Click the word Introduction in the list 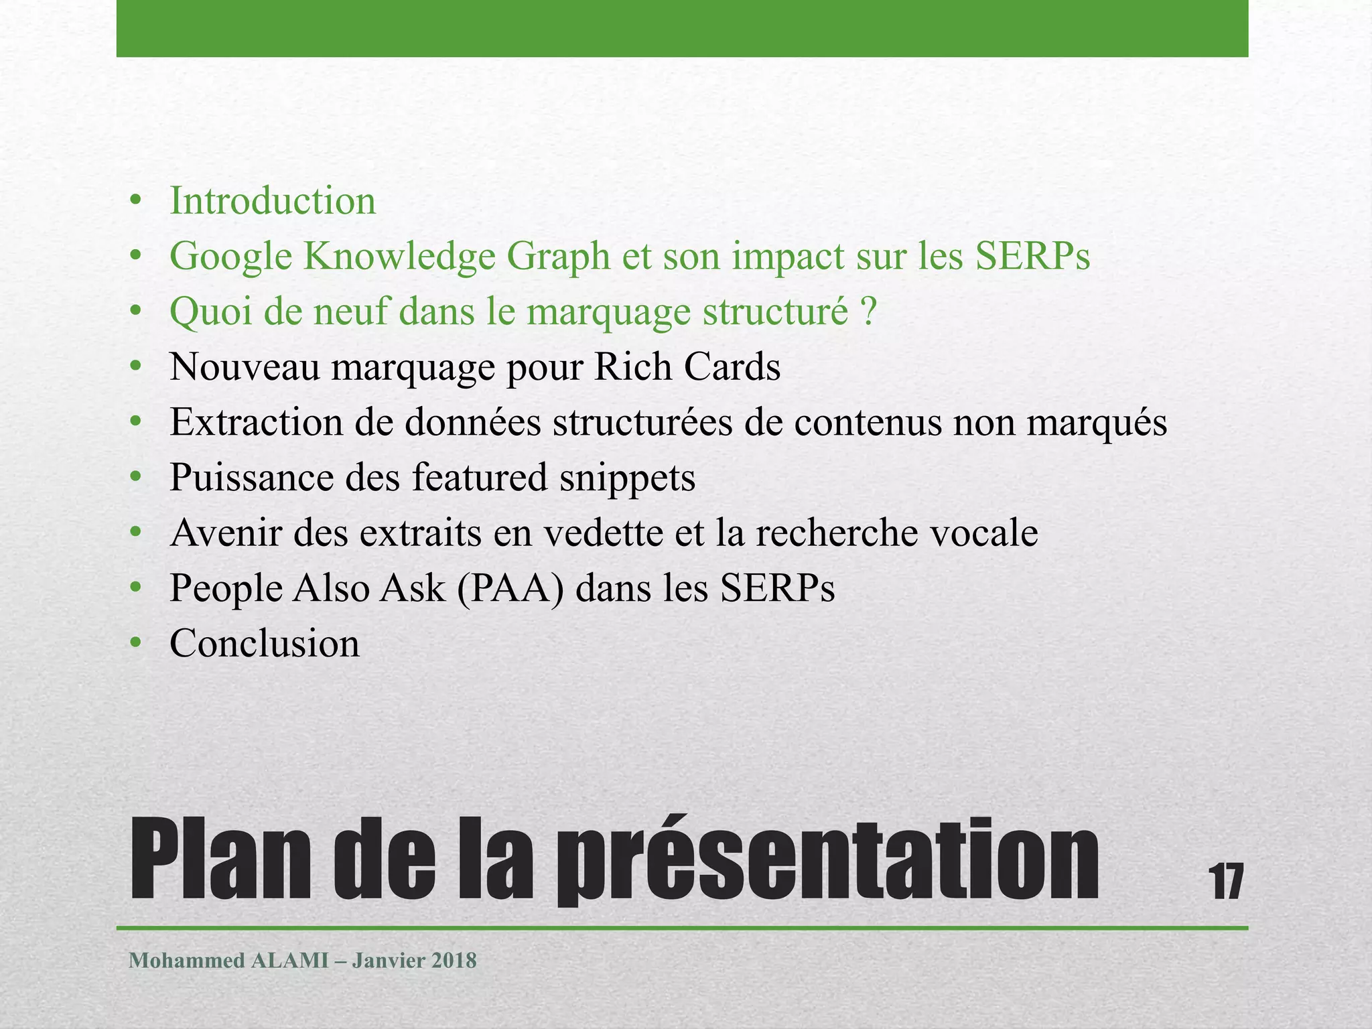(x=273, y=201)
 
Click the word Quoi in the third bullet (x=210, y=312)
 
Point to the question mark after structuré (x=868, y=312)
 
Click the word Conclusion (x=265, y=644)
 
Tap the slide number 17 (x=1225, y=882)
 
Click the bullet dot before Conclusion (x=136, y=644)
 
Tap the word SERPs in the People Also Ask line (x=777, y=589)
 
